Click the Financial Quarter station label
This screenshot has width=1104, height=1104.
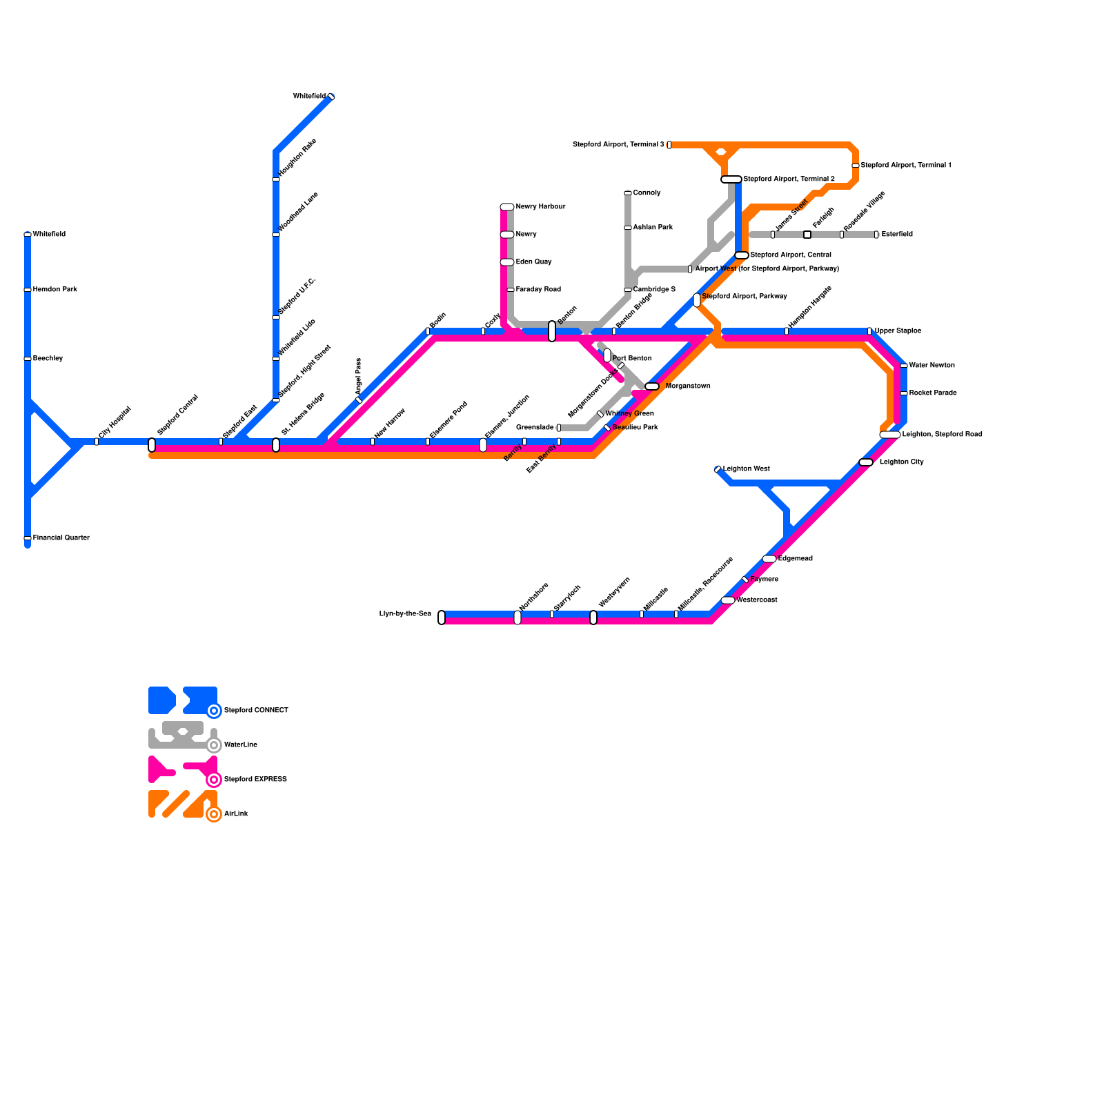pyautogui.click(x=61, y=538)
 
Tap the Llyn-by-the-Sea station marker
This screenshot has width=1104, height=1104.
pyautogui.click(x=442, y=618)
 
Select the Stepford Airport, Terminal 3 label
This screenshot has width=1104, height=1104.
pyautogui.click(x=618, y=145)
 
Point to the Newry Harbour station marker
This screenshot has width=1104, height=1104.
pyautogui.click(x=507, y=207)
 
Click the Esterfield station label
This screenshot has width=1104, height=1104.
pyautogui.click(x=897, y=235)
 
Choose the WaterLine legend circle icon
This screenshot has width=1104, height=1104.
pyautogui.click(x=215, y=745)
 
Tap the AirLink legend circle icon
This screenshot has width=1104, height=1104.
pyautogui.click(x=215, y=814)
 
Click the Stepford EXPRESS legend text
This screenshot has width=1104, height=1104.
pyautogui.click(x=255, y=780)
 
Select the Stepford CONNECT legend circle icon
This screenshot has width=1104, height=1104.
pyautogui.click(x=215, y=711)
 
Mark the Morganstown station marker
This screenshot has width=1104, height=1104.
pyautogui.click(x=652, y=386)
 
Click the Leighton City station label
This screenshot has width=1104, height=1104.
pyautogui.click(x=901, y=462)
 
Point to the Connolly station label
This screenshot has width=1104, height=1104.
pyautogui.click(x=647, y=193)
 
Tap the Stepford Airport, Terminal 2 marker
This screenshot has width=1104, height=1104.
pyautogui.click(x=731, y=179)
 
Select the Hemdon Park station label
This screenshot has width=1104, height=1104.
pyautogui.click(x=55, y=290)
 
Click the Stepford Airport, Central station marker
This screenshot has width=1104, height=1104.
pyautogui.click(x=742, y=255)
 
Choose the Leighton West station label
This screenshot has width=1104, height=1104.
pyautogui.click(x=746, y=469)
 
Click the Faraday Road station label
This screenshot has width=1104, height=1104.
pyautogui.click(x=538, y=290)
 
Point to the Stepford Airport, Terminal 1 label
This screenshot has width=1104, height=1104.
pyautogui.click(x=906, y=166)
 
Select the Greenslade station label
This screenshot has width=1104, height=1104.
pyautogui.click(x=535, y=428)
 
